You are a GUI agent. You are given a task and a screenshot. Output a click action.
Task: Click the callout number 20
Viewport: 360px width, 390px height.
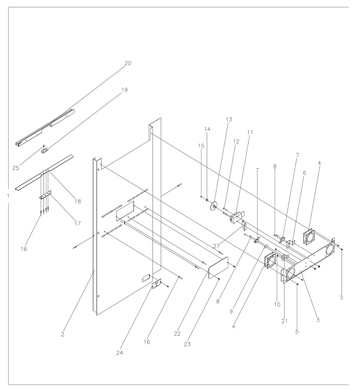coord(128,63)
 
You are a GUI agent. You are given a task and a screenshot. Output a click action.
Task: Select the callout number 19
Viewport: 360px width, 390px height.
coord(124,90)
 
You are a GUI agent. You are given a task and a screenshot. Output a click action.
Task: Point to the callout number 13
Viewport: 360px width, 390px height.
coord(229,119)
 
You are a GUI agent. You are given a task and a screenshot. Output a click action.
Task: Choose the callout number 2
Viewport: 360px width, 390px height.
coord(62,334)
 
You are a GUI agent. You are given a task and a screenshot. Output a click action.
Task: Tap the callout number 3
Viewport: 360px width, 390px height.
coord(318,320)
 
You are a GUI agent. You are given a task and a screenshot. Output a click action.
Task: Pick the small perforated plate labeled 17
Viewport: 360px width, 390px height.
coord(45,194)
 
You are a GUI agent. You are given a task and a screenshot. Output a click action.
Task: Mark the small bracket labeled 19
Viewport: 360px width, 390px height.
coord(45,151)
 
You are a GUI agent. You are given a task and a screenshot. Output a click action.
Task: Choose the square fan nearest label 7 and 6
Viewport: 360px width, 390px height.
coord(310,236)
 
